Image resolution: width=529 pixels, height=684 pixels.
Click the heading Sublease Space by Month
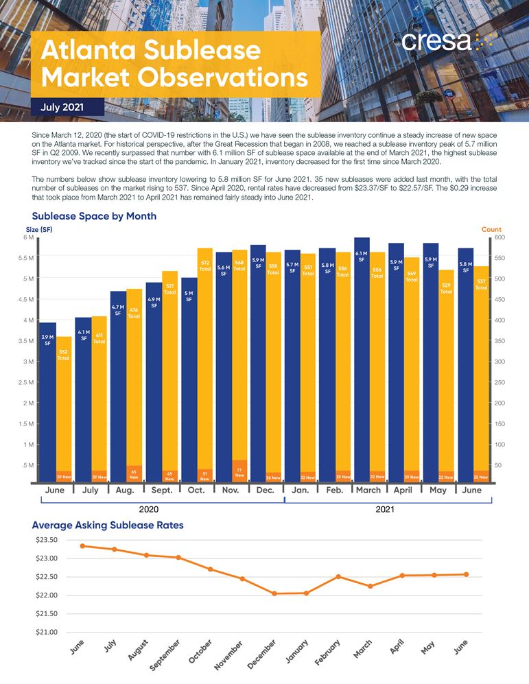tap(94, 216)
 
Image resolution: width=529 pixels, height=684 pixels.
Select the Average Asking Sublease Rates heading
tap(108, 526)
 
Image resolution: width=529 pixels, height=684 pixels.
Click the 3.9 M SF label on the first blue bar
tap(47, 340)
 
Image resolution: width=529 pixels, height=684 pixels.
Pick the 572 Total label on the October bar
tap(204, 266)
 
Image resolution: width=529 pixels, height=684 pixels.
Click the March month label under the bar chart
tap(368, 491)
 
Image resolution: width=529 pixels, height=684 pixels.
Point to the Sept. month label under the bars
tap(161, 491)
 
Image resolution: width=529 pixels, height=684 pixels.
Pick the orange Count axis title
tap(491, 229)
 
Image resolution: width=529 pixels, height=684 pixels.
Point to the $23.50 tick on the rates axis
tap(45, 540)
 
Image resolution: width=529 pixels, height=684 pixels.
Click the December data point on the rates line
tap(274, 593)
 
